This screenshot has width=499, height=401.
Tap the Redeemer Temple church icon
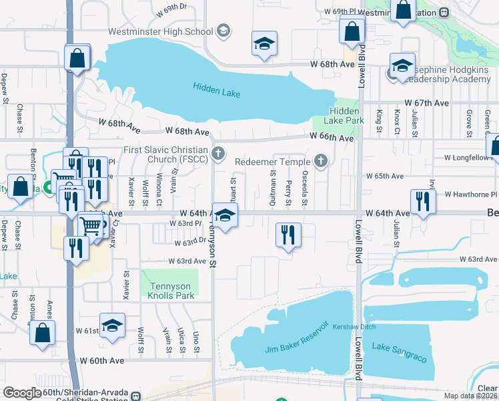point(321,161)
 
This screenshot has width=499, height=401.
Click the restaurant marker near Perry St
point(288,235)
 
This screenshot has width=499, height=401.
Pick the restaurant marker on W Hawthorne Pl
point(422,200)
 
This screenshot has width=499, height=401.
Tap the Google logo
point(22,392)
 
